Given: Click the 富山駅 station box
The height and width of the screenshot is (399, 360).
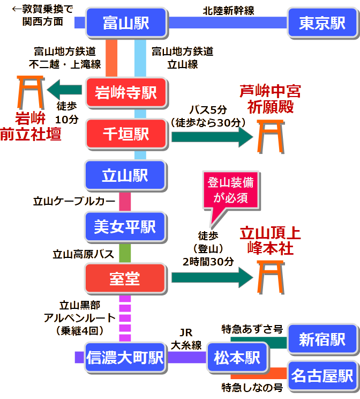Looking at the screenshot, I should pyautogui.click(x=126, y=23).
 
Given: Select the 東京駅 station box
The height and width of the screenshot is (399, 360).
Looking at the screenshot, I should pyautogui.click(x=322, y=23).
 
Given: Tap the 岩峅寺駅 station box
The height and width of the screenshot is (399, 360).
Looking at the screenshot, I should pyautogui.click(x=126, y=92).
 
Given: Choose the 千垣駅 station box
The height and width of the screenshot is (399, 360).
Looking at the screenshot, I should pyautogui.click(x=126, y=134).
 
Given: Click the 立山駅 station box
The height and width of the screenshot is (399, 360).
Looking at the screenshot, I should pyautogui.click(x=126, y=175).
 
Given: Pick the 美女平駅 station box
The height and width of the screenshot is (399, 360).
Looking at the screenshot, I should pyautogui.click(x=126, y=226).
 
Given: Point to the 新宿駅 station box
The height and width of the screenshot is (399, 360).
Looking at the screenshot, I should pyautogui.click(x=322, y=339).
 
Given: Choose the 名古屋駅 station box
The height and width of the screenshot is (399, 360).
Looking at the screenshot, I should pyautogui.click(x=322, y=375).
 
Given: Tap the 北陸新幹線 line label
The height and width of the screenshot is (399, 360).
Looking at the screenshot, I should pyautogui.click(x=228, y=10).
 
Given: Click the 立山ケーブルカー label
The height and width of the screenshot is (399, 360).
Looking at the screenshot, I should pyautogui.click(x=74, y=202).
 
